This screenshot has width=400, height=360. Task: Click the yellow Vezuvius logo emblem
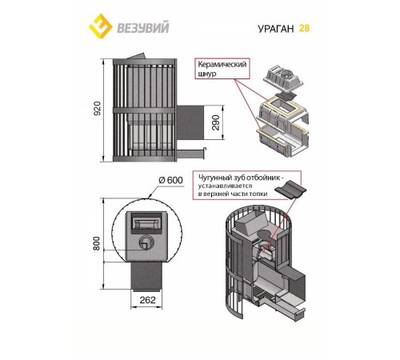coord(100,26)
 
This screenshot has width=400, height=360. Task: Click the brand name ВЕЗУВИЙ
coord(143,28)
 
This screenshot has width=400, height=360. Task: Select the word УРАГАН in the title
coord(276,29)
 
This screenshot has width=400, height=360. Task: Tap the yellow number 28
coord(304,28)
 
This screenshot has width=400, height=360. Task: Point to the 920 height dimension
coord(98,108)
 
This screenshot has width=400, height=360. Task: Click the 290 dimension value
coord(215,122)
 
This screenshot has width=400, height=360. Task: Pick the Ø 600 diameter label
coord(171,180)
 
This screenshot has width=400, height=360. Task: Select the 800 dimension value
coord(97,243)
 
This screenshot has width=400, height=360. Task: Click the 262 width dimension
coord(147,300)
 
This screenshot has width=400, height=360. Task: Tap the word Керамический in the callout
coord(222,65)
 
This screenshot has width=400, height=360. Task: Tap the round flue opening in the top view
coord(146,242)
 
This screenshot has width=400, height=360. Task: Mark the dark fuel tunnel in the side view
coord(190,122)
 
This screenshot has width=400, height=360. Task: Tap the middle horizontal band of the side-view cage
coord(144,110)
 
